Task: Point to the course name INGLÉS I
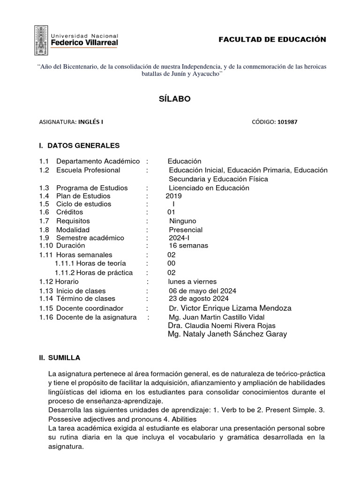tap(90, 121)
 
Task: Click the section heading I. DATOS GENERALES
tap(80, 145)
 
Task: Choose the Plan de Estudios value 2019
tap(173, 196)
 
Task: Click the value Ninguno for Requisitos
tap(182, 221)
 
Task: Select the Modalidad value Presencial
tap(186, 230)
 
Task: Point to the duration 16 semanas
tap(188, 246)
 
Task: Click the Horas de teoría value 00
tap(172, 263)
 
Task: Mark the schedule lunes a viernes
tap(192, 281)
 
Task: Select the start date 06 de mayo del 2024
tap(202, 291)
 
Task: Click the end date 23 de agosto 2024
tap(199, 299)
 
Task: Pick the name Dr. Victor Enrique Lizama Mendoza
tap(230, 308)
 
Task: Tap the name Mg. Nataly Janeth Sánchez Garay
tap(227, 334)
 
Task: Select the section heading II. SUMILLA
tap(60, 358)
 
